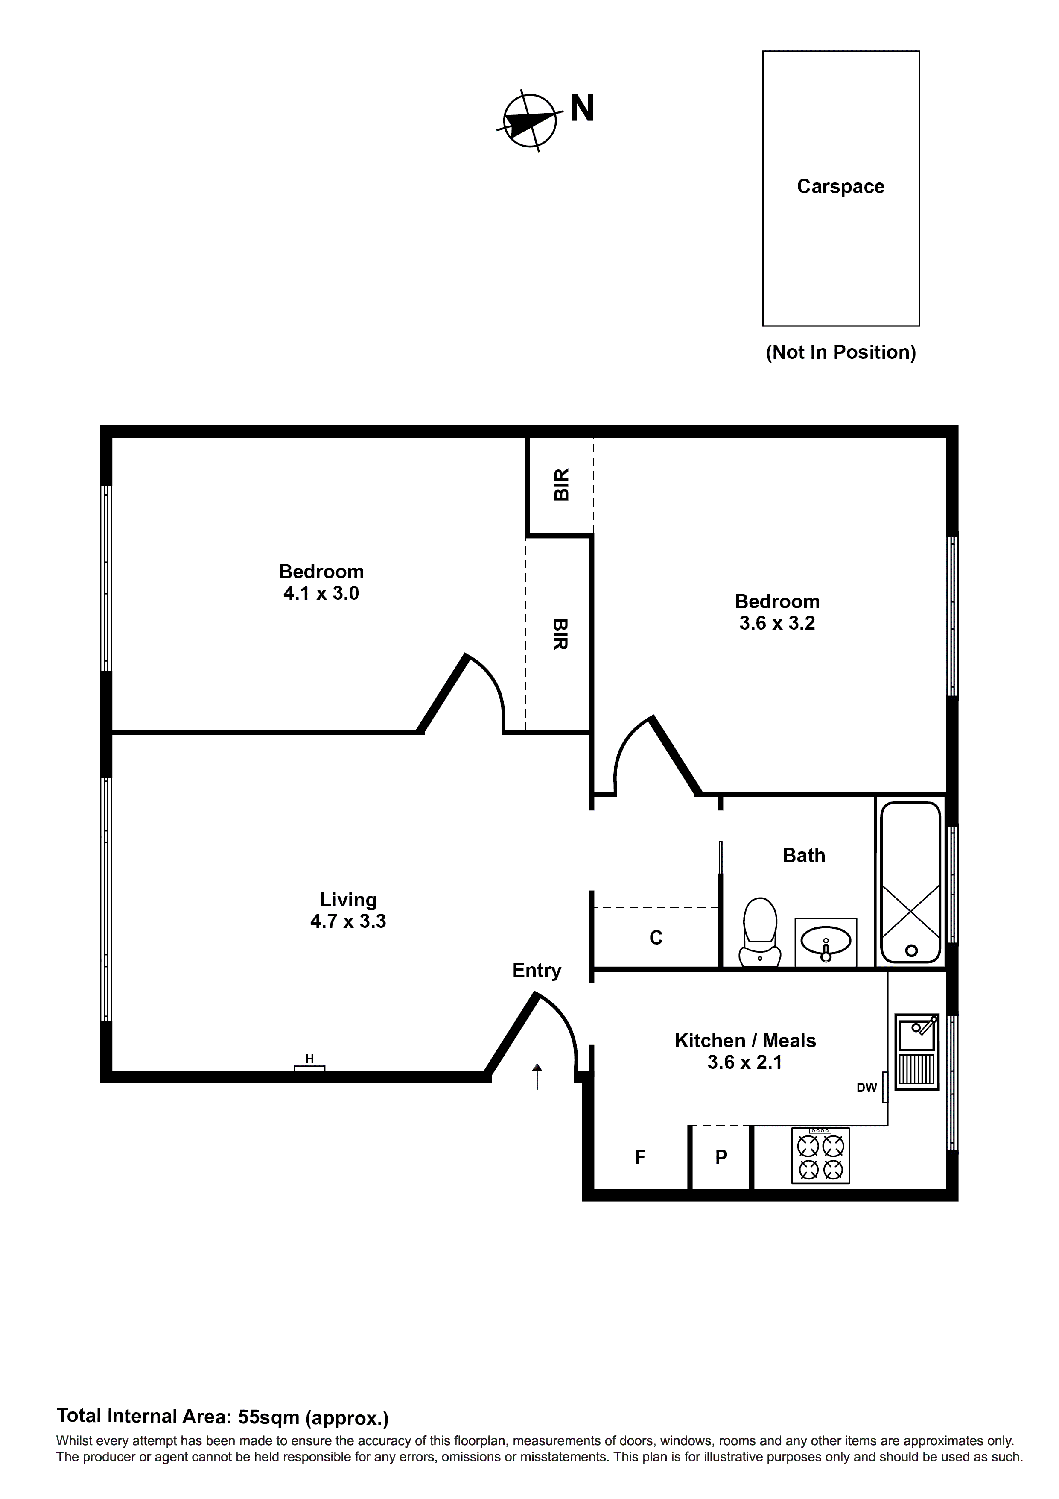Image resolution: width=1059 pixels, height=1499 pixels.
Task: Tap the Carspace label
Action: pyautogui.click(x=840, y=187)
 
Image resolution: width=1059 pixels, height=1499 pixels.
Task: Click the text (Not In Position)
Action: pyautogui.click(x=840, y=352)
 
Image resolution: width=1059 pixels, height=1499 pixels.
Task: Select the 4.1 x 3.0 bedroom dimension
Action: pyautogui.click(x=321, y=593)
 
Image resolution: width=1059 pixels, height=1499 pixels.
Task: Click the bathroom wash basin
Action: pyautogui.click(x=826, y=943)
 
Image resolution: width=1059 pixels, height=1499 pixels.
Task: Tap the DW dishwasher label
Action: pyautogui.click(x=866, y=1088)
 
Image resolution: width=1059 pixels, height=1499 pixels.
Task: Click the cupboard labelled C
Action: pyautogui.click(x=656, y=938)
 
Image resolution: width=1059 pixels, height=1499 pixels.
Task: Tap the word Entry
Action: pyautogui.click(x=537, y=971)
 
